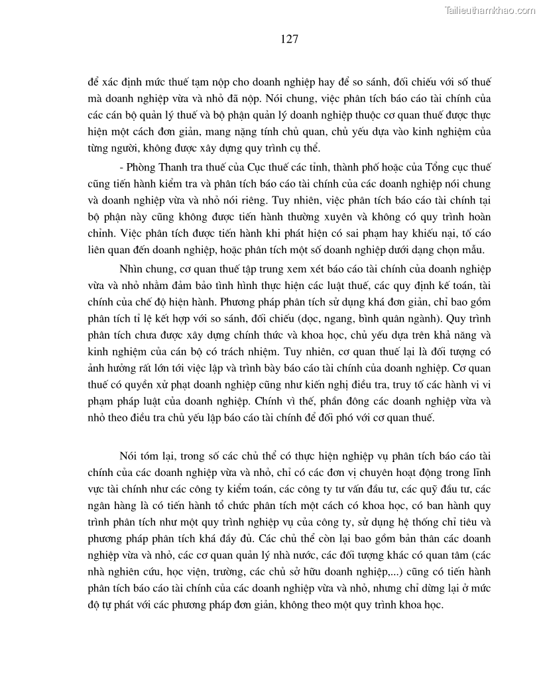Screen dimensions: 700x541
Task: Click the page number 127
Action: [x=289, y=39]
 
